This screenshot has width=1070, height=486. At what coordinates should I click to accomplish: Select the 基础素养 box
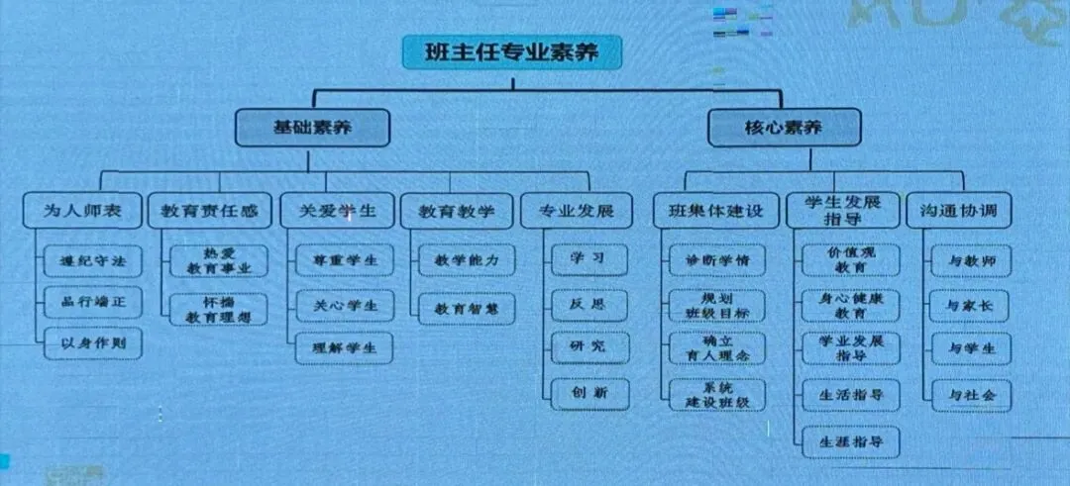313,128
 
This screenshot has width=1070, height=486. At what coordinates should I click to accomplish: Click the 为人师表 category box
82,211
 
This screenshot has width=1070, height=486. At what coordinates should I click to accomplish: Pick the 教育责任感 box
209,211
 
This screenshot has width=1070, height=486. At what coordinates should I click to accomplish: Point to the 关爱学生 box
335,211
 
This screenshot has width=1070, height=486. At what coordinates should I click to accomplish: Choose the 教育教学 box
456,211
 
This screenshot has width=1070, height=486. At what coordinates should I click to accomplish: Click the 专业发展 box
577,211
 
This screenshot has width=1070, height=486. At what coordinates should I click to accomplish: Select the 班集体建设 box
710,211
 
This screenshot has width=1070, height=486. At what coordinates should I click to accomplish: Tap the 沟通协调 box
958,211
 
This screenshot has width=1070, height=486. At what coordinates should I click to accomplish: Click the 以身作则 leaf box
93,343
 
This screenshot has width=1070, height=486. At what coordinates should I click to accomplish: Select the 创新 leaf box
589,391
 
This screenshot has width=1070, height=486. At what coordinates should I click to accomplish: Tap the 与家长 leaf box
970,306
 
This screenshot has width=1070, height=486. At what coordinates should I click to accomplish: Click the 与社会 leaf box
970,395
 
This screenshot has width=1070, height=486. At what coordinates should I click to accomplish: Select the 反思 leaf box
589,302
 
